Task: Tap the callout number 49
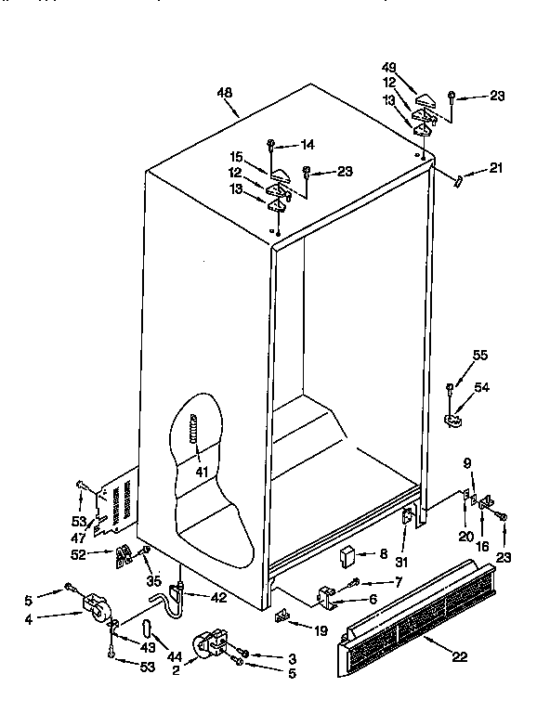point(389,67)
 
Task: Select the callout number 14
point(308,144)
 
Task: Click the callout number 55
point(478,355)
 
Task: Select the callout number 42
point(218,597)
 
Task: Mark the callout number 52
point(78,554)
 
